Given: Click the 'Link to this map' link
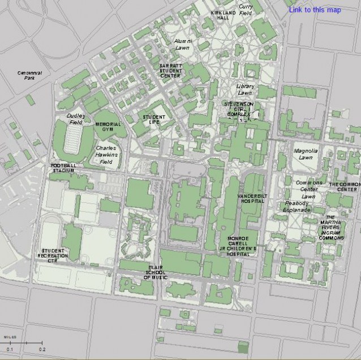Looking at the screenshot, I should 315,10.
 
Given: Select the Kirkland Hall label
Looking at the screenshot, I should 219,15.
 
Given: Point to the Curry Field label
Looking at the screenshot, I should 246,10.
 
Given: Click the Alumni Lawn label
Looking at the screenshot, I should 183,45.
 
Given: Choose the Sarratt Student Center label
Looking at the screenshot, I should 170,71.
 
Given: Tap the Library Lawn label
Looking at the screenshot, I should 244,89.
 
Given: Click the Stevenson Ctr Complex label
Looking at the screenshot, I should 238,109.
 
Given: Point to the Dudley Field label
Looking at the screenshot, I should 75,119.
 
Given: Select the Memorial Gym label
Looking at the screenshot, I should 108,127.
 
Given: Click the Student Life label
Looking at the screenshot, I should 153,119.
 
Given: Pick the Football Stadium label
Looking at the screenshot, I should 63,168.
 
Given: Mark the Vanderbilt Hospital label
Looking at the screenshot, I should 251,198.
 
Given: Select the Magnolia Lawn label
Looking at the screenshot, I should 306,154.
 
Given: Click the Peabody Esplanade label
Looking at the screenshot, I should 297,206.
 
